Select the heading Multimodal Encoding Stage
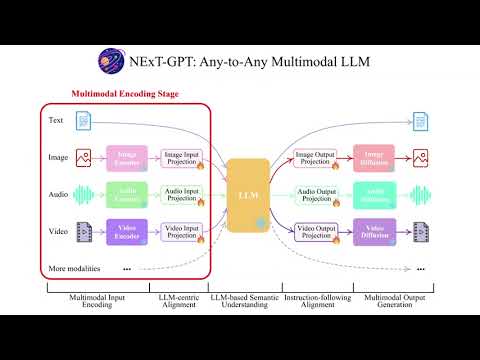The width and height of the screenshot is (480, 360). pyautogui.click(x=125, y=95)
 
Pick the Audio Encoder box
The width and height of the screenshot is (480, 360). pyautogui.click(x=127, y=194)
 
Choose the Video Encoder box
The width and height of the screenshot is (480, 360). pyautogui.click(x=127, y=231)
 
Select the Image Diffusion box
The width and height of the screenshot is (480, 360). pyautogui.click(x=375, y=157)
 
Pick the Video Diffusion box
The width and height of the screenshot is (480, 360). pyautogui.click(x=375, y=231)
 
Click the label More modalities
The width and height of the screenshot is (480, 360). pyautogui.click(x=76, y=269)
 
